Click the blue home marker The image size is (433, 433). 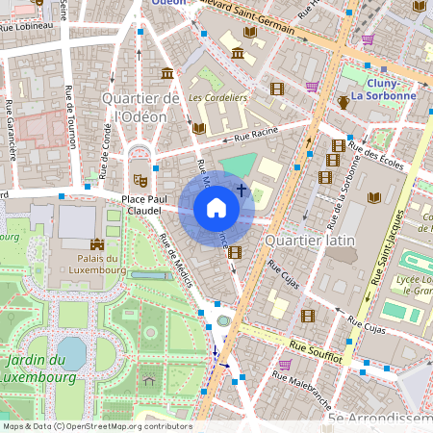(x=216, y=208)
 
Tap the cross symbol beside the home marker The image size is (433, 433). (x=242, y=191)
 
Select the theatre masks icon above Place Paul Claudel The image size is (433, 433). (x=140, y=179)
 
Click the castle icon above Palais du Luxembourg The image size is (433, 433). (x=95, y=246)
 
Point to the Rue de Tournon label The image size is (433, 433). (x=70, y=115)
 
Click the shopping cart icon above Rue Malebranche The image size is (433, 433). (x=284, y=365)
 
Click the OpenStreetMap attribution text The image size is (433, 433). (x=96, y=425)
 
